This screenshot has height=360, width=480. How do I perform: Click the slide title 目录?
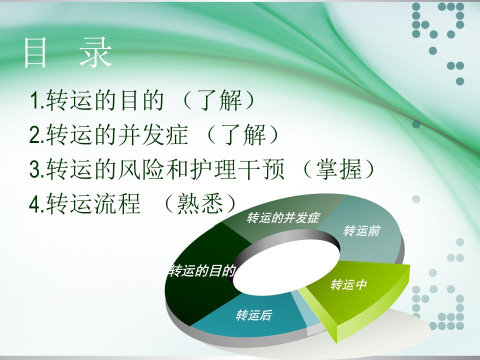pos(68,52)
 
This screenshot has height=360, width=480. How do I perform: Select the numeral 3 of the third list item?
pos(35,169)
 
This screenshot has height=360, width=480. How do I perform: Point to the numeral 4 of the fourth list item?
pos(35,204)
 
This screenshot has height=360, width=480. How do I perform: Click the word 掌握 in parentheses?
pos(339,169)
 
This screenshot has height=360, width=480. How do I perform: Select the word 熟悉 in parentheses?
pos(200,204)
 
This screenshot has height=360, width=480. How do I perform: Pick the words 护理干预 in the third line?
pos(237,169)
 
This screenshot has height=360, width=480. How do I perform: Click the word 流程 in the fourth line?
pos(117,204)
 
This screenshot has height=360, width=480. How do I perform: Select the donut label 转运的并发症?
pos(283,217)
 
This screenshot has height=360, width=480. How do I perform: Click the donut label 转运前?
pos(361,230)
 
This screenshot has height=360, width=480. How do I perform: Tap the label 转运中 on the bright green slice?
pos(348,284)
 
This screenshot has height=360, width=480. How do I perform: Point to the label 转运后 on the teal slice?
pos(254,315)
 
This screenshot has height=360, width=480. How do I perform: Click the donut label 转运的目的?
pos(202,271)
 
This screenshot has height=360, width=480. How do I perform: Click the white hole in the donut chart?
pos(286,267)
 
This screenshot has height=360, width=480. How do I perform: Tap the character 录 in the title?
pos(95,52)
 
